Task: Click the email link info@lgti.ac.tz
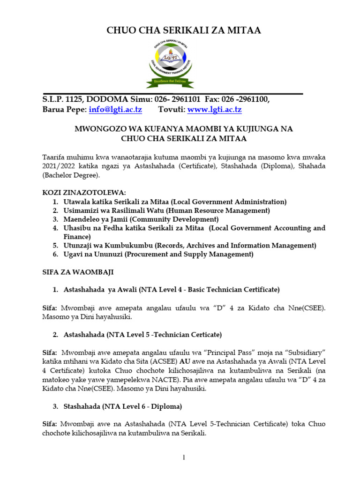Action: pyautogui.click(x=115, y=110)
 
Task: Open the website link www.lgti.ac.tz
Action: pyautogui.click(x=214, y=110)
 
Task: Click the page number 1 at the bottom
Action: pyautogui.click(x=184, y=457)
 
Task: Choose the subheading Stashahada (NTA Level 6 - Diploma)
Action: pyautogui.click(x=123, y=406)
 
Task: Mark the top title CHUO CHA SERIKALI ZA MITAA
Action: pyautogui.click(x=184, y=30)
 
